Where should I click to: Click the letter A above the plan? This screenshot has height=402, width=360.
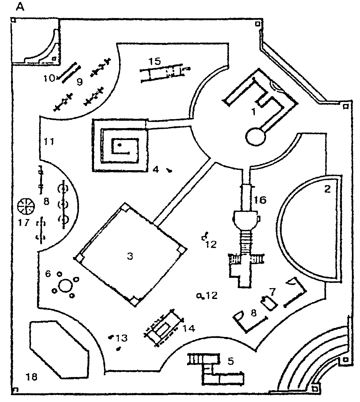(x=21, y=7)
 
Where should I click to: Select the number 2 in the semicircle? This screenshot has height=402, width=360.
(x=327, y=189)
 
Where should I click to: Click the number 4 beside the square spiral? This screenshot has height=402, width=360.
(x=156, y=170)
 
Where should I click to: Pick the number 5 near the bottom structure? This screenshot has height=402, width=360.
(x=231, y=361)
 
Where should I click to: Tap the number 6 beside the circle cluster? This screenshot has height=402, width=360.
(x=48, y=273)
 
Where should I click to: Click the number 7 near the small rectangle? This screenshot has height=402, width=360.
(x=273, y=292)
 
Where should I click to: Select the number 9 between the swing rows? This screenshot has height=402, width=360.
(x=80, y=82)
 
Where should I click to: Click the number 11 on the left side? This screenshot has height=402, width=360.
(x=49, y=142)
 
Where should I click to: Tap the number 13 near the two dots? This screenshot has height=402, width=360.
(x=122, y=338)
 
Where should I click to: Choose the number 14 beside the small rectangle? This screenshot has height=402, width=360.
(x=189, y=328)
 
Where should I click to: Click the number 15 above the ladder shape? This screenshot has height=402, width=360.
(x=154, y=61)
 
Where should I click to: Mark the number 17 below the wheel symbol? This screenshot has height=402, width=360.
(x=24, y=223)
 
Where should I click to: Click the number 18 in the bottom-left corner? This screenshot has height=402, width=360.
(x=32, y=377)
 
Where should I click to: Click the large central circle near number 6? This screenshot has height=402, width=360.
(x=65, y=285)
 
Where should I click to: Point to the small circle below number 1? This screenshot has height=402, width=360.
(x=256, y=137)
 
